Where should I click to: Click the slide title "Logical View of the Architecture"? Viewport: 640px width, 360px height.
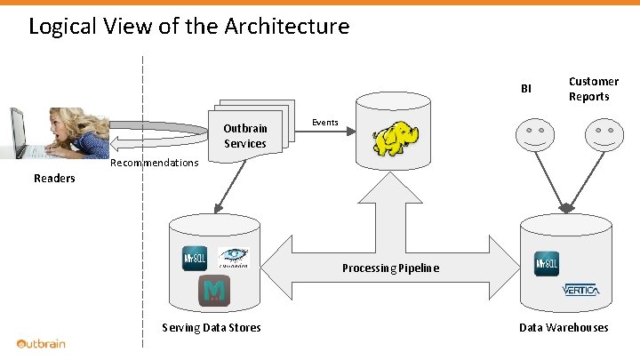point(188,27)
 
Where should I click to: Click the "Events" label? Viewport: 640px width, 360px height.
point(324,123)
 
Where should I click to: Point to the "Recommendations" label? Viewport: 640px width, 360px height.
point(154,163)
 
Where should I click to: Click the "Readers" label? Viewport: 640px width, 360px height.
point(54,179)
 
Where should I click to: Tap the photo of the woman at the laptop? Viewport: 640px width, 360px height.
point(55,132)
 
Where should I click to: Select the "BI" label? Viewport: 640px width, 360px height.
point(526,89)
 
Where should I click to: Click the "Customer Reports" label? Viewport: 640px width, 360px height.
point(594,89)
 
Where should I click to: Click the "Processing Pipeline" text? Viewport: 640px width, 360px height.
point(390,268)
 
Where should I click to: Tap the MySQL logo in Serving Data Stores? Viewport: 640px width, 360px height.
point(195,258)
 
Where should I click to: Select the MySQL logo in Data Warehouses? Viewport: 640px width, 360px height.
point(547,264)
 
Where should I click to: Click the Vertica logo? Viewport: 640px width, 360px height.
point(581,291)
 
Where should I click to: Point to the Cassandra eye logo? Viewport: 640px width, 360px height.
point(234,257)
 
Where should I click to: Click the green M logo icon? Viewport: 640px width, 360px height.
point(214,291)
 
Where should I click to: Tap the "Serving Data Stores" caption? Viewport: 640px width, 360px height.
point(212,328)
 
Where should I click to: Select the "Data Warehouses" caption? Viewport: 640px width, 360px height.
point(564,328)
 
